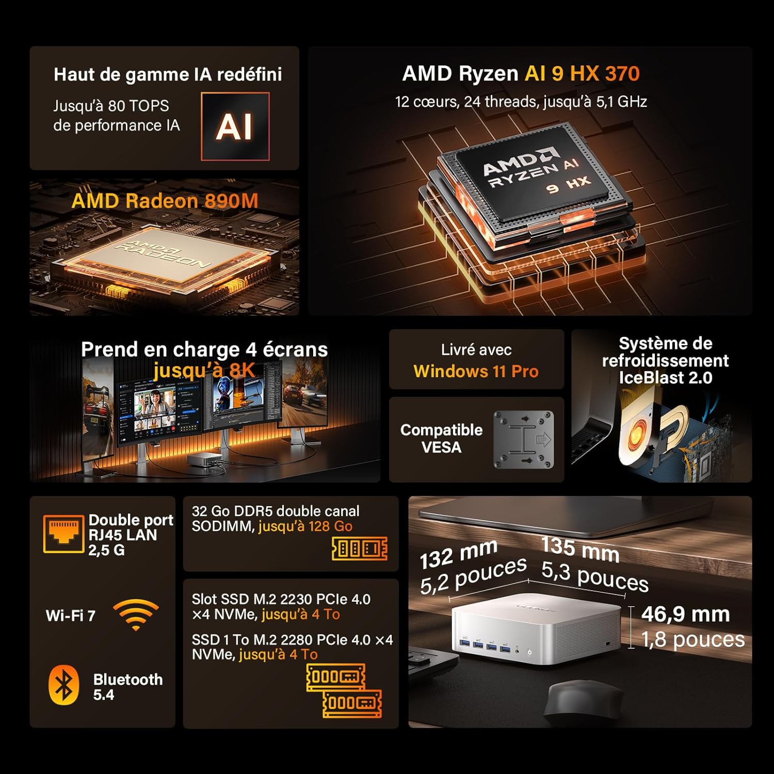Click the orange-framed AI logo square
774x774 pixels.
click(x=235, y=126)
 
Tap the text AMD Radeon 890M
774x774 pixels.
click(x=165, y=201)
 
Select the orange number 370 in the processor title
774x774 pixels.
click(x=622, y=74)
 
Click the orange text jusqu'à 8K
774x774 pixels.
click(x=204, y=370)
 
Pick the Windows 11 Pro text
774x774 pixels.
click(x=476, y=371)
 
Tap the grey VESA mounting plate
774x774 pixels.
click(x=523, y=439)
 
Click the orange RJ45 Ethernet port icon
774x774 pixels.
click(x=63, y=534)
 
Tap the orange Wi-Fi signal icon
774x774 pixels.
click(x=136, y=614)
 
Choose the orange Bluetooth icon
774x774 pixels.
click(x=63, y=685)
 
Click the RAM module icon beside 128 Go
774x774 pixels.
click(x=360, y=548)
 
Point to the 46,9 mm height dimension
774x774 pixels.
click(x=685, y=614)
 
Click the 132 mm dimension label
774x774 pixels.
click(x=458, y=556)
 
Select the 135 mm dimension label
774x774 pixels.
click(x=580, y=550)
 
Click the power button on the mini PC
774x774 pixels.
click(x=530, y=652)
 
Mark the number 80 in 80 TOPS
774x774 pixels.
click(x=117, y=106)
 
